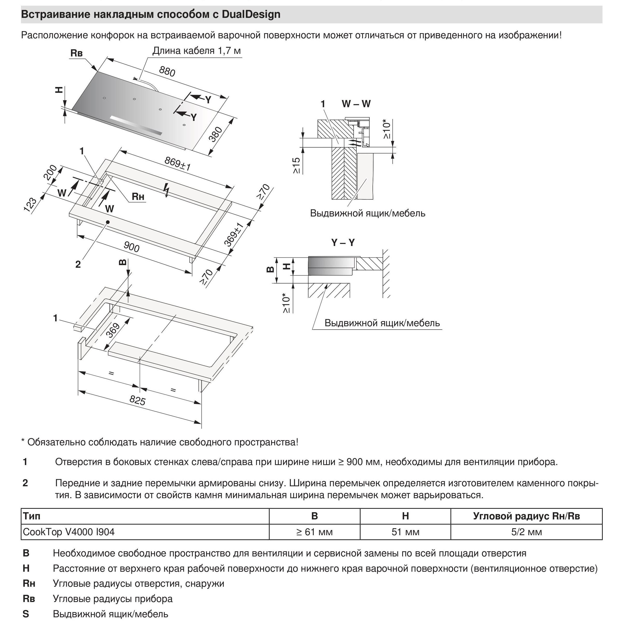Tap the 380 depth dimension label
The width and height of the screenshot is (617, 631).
(x=216, y=134)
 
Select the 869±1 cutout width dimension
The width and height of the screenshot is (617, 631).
(x=177, y=164)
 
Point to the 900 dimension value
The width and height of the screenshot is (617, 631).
(x=132, y=247)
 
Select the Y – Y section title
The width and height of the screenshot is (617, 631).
(x=343, y=242)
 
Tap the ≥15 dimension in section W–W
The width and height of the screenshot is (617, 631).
(x=296, y=165)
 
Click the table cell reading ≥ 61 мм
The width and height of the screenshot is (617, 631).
(x=314, y=532)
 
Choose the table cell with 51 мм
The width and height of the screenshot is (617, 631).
(x=405, y=532)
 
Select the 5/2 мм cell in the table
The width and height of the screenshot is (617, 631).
(x=526, y=532)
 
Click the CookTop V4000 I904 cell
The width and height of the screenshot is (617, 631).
(x=69, y=532)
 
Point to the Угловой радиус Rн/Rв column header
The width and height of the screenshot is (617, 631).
(x=526, y=516)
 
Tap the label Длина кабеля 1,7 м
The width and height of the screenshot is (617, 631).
(x=197, y=51)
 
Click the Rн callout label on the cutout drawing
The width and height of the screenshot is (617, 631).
(x=138, y=197)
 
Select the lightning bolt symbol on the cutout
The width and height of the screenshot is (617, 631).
(x=167, y=190)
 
